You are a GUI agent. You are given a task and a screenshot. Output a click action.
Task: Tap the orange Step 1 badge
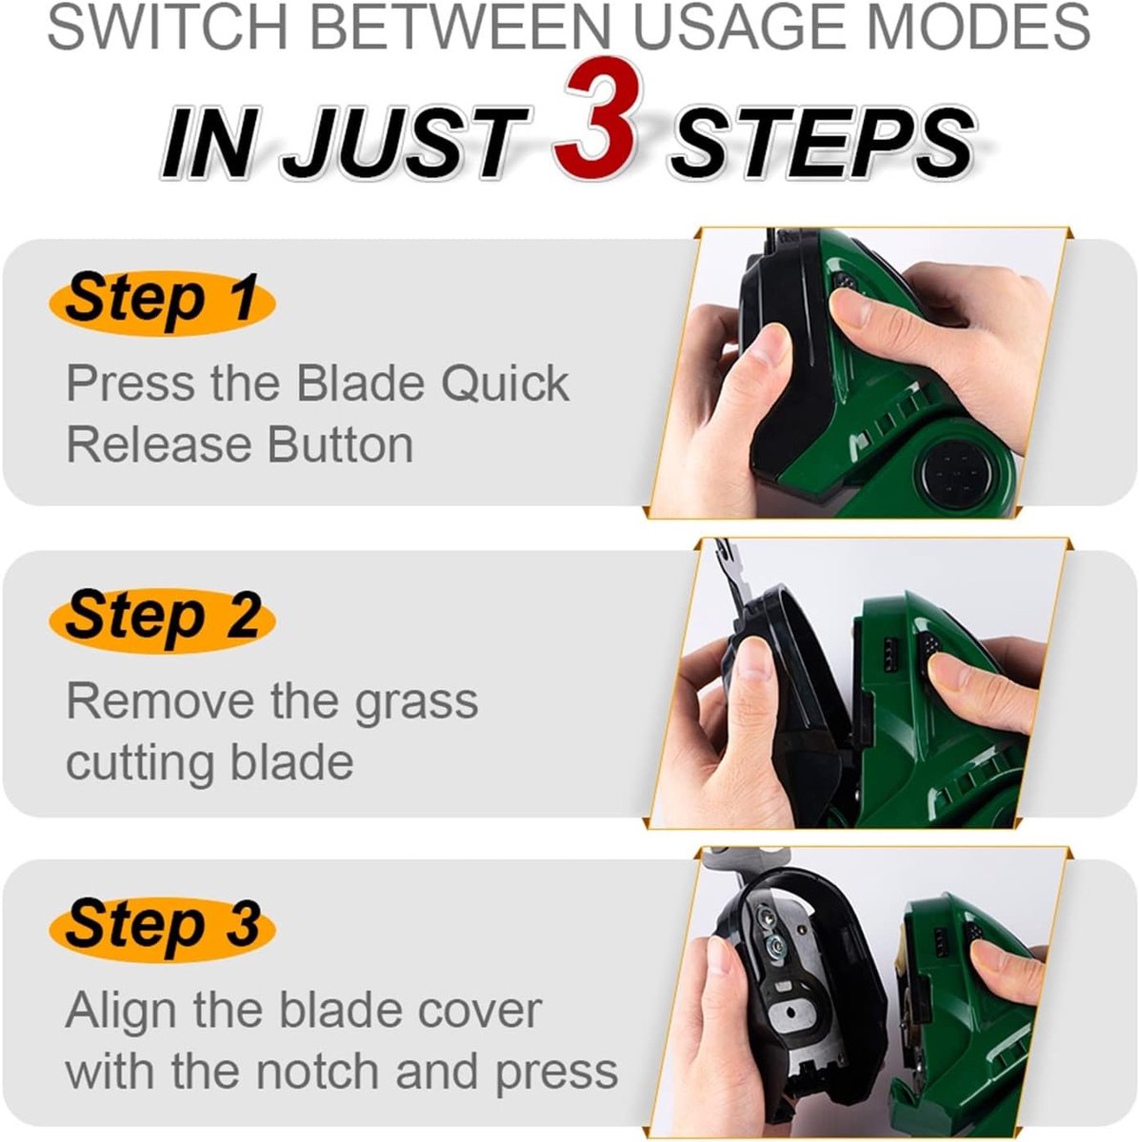[x=162, y=303]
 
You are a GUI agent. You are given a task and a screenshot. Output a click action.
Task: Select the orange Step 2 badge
[x=162, y=620]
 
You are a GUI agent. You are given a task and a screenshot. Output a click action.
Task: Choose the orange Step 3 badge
[x=162, y=929]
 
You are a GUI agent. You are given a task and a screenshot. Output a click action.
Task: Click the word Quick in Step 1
[x=506, y=384]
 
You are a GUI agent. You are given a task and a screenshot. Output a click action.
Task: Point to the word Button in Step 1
[x=341, y=445]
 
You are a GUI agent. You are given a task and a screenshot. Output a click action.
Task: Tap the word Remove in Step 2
[x=160, y=701]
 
